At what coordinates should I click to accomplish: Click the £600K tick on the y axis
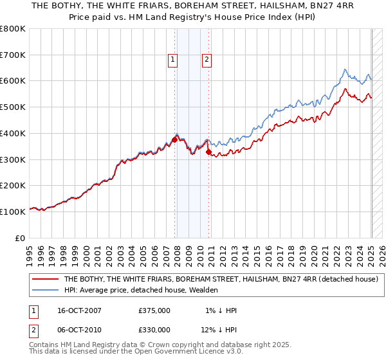point(14,81)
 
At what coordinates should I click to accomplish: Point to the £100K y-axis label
point(14,212)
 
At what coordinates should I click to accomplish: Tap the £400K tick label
point(14,133)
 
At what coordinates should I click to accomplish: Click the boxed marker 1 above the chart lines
point(173,60)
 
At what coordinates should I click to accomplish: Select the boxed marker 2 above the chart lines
point(207,60)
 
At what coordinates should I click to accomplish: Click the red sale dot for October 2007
point(174,139)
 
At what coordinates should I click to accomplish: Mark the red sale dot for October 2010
point(208,152)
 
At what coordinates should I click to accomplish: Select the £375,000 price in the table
point(154,310)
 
